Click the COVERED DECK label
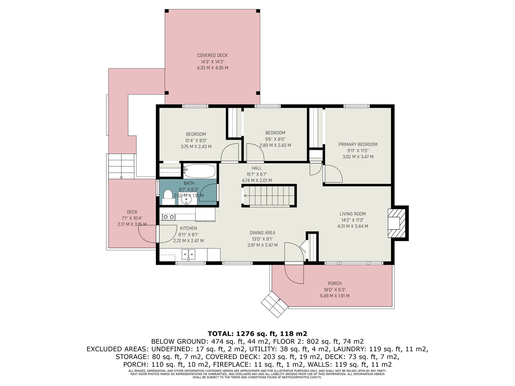click(x=212, y=55)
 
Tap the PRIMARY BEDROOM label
click(x=358, y=144)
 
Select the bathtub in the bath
click(x=200, y=171)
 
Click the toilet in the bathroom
click(x=168, y=197)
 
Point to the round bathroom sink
click(x=186, y=199)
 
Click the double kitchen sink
click(x=188, y=254)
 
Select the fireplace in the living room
click(x=398, y=223)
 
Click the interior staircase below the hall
click(x=269, y=196)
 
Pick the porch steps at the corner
click(x=275, y=304)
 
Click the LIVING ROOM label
click(x=353, y=214)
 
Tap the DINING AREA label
click(x=262, y=233)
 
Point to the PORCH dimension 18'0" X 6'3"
click(x=335, y=290)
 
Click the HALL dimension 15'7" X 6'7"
click(x=257, y=174)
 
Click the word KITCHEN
click(x=188, y=228)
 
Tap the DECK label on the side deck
click(x=132, y=212)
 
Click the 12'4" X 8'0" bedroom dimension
click(x=196, y=141)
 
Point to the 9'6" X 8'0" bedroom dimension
click(x=275, y=139)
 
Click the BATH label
click(x=189, y=183)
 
